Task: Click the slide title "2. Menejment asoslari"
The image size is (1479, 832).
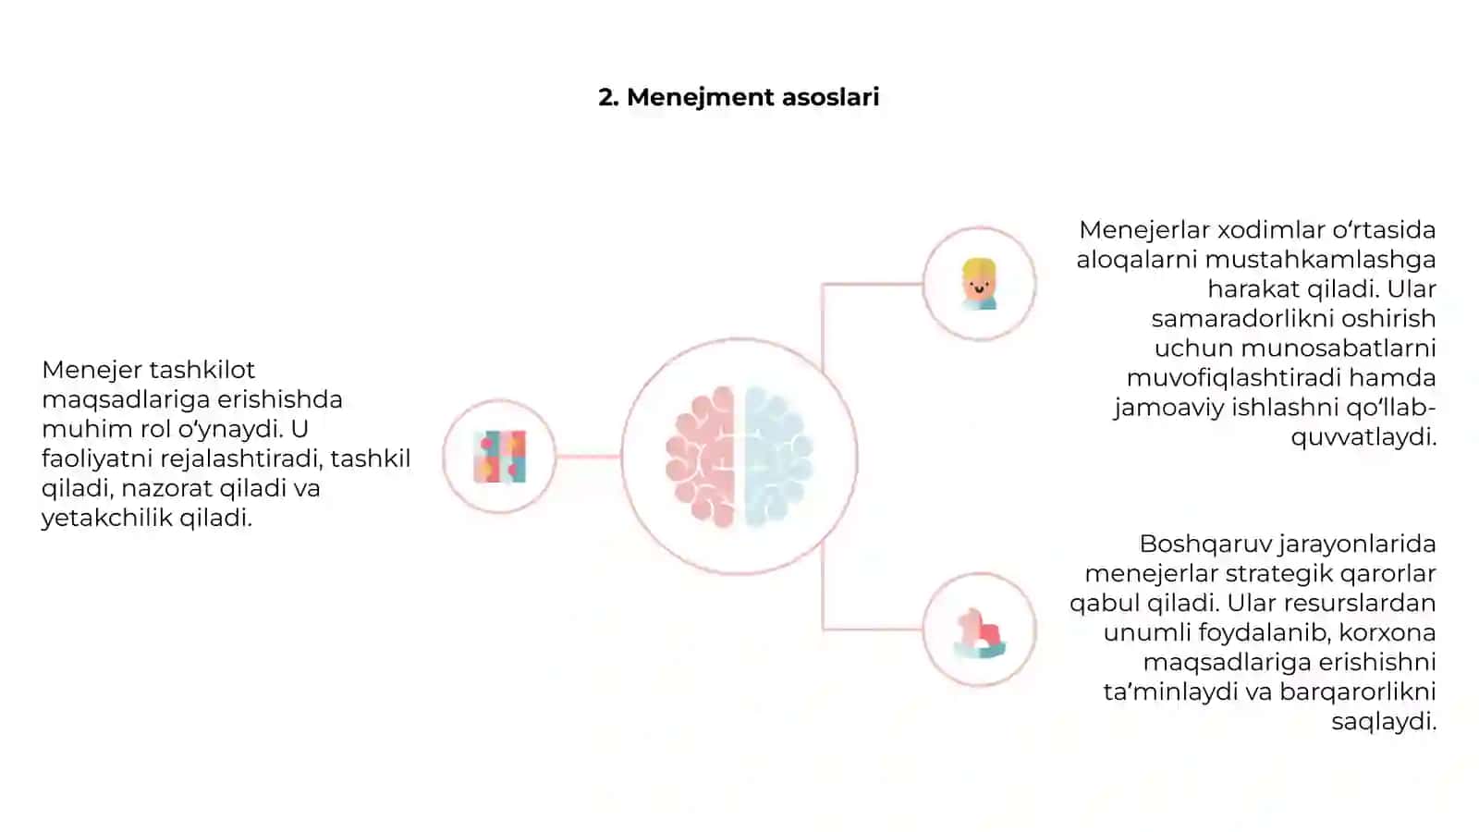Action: click(739, 97)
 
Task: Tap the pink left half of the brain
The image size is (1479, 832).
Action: click(701, 457)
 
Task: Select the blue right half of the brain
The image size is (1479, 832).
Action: click(778, 457)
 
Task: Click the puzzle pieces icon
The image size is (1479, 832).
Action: click(500, 457)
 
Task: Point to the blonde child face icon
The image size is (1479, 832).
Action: click(979, 284)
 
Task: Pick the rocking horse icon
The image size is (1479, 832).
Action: click(979, 633)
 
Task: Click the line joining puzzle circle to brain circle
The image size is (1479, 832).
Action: click(588, 457)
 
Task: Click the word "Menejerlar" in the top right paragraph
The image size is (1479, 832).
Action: click(1144, 230)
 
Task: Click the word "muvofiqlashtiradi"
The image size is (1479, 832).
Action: click(1233, 378)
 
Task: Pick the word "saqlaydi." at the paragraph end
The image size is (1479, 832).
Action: click(1384, 722)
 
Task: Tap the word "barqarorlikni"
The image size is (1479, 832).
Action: click(1358, 692)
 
